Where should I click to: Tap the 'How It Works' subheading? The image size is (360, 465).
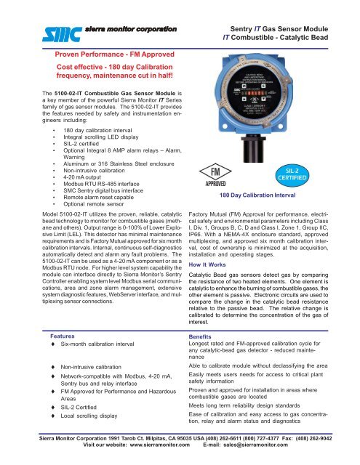[209, 288]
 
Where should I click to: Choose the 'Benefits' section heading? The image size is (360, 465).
[203, 338]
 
